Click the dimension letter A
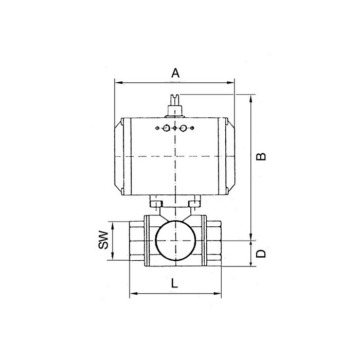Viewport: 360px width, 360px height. (175, 74)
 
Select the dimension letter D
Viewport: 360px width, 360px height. (261, 253)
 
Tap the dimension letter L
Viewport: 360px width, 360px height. (175, 282)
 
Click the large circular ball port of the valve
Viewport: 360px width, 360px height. (175, 241)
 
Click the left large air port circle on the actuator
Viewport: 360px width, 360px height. (166, 129)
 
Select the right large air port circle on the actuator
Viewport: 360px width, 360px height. (183, 129)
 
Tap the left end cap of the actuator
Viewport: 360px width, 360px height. (119, 157)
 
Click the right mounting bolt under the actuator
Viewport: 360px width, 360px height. (194, 204)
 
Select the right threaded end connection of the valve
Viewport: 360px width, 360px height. (213, 241)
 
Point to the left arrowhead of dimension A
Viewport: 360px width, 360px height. (117, 81)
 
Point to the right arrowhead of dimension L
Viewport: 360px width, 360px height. (219, 294)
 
